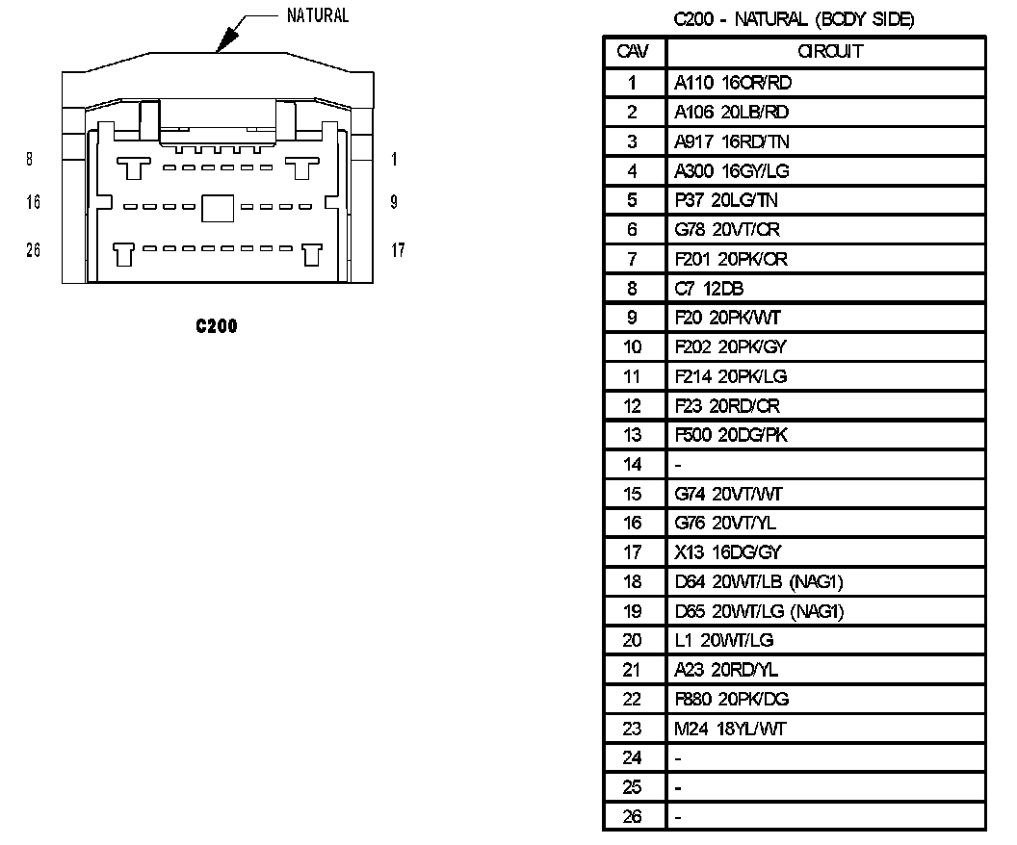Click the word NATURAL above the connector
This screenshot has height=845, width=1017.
click(318, 15)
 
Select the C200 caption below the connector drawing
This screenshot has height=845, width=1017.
click(216, 326)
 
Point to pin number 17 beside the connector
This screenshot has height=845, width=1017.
click(398, 250)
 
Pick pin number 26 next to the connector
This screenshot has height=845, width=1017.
click(33, 250)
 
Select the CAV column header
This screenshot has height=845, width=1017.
click(633, 51)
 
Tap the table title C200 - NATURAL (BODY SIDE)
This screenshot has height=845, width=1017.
click(794, 19)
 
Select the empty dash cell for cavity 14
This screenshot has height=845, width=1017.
click(679, 465)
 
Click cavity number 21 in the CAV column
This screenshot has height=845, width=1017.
click(633, 670)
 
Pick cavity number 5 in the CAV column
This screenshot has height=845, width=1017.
click(633, 200)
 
